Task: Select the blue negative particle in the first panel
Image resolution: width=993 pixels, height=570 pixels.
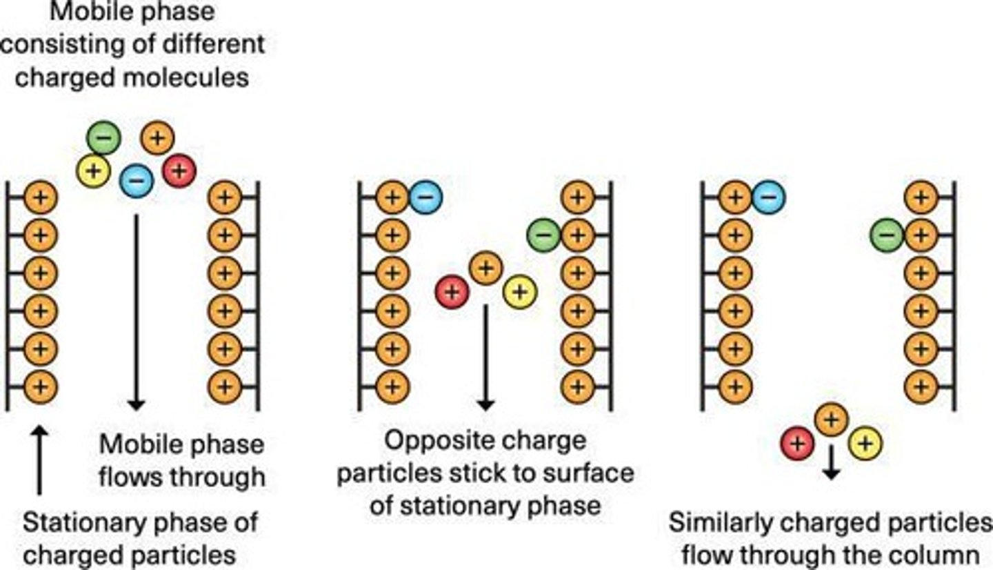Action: tap(137, 181)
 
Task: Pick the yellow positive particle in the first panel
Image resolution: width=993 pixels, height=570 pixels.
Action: tap(93, 170)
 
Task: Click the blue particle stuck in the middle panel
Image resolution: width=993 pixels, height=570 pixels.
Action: tap(425, 197)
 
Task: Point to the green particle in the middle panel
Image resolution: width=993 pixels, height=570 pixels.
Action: tap(544, 235)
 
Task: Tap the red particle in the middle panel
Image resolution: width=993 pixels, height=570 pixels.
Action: tap(452, 292)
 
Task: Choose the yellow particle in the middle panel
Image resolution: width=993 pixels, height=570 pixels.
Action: tap(520, 292)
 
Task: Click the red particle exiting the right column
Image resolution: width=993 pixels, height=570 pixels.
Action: tap(798, 443)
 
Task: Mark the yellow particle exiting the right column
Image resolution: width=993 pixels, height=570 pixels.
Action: tap(865, 443)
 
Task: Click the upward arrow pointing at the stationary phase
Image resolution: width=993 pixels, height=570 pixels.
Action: tap(39, 460)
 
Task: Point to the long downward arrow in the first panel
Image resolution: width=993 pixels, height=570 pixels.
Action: tap(136, 311)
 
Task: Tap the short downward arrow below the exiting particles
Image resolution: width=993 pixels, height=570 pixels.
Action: tap(832, 464)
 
